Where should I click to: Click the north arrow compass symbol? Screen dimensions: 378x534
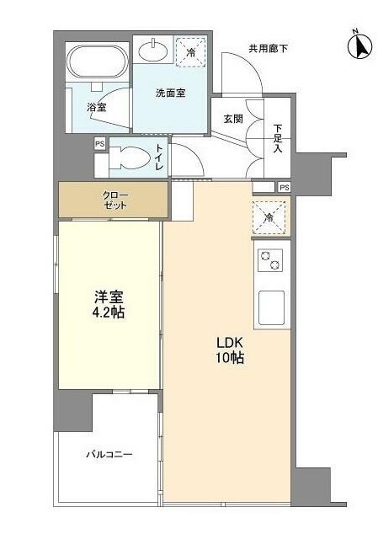359,45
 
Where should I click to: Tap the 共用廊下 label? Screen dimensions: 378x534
269,49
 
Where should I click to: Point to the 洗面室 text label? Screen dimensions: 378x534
171,93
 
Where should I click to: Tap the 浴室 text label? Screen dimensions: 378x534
96,107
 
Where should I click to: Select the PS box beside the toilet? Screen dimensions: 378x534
100,144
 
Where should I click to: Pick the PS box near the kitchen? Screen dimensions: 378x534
284,187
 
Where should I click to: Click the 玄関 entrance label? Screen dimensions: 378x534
233,119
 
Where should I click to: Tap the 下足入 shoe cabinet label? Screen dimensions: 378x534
278,139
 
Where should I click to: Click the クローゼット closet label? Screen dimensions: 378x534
114,200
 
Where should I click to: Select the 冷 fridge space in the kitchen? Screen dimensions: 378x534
269,217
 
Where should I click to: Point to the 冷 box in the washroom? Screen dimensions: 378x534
191,51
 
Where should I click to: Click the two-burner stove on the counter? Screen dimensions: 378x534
270,260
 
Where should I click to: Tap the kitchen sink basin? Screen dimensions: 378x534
271,308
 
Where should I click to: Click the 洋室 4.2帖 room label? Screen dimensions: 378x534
109,304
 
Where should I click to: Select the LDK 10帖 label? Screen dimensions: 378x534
230,350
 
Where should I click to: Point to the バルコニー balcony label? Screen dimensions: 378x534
109,454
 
